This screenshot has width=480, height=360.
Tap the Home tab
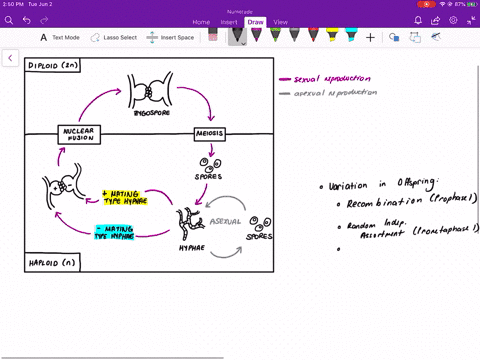pos(201,21)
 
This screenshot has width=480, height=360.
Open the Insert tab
pos(229,21)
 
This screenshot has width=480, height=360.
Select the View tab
pos(280,21)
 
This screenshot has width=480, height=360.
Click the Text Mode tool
pos(60,38)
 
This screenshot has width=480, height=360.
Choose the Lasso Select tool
pos(114,38)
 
